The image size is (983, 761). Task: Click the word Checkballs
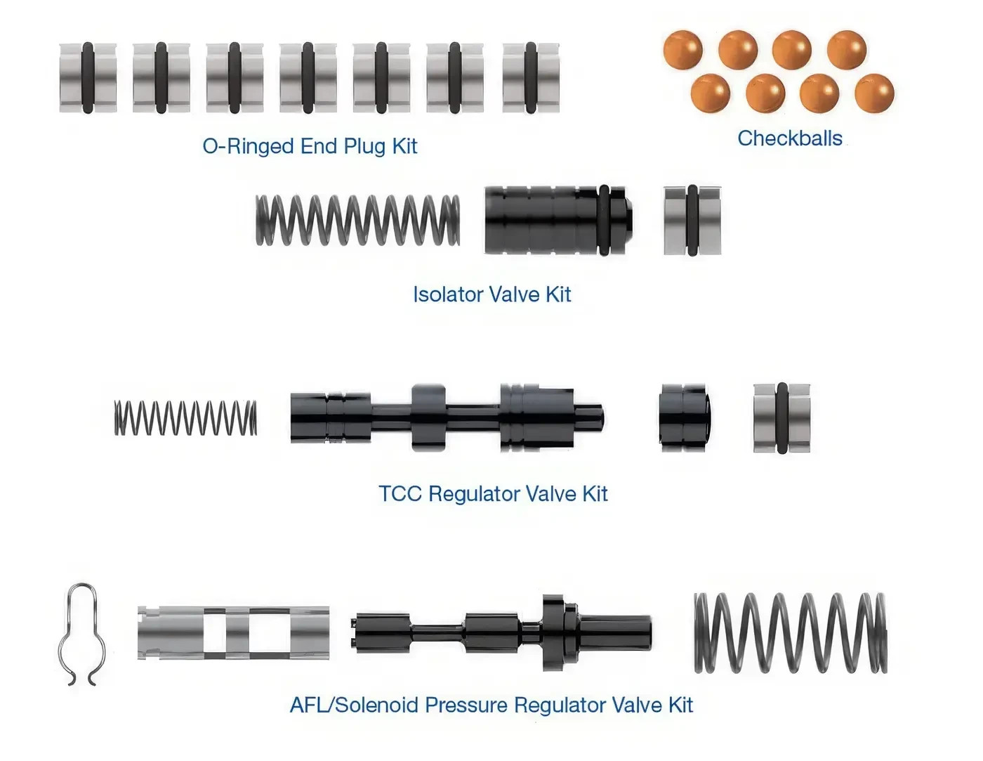click(x=790, y=138)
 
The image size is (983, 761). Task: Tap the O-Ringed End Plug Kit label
click(x=310, y=146)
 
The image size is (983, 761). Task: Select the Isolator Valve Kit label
click(x=491, y=294)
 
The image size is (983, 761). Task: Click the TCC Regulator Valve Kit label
click(x=493, y=493)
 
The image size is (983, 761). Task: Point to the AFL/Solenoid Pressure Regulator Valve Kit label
click(x=491, y=705)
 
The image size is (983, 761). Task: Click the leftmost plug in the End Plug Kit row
click(x=88, y=78)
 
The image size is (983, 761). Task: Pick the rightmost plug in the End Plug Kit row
click(x=531, y=78)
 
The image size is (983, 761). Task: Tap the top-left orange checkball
click(x=683, y=51)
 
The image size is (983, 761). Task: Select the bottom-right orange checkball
click(x=874, y=93)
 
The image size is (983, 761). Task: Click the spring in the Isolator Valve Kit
click(x=358, y=220)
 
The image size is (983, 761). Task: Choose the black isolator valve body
click(x=559, y=220)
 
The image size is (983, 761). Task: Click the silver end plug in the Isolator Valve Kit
click(x=692, y=220)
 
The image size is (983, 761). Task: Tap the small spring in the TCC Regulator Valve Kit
click(x=185, y=418)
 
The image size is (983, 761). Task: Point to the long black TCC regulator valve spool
click(x=448, y=417)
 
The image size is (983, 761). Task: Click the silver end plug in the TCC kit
click(x=781, y=418)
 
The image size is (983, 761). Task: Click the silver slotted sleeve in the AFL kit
click(x=233, y=632)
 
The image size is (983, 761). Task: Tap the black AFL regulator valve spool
click(x=501, y=633)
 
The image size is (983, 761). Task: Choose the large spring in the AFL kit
click(x=791, y=633)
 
